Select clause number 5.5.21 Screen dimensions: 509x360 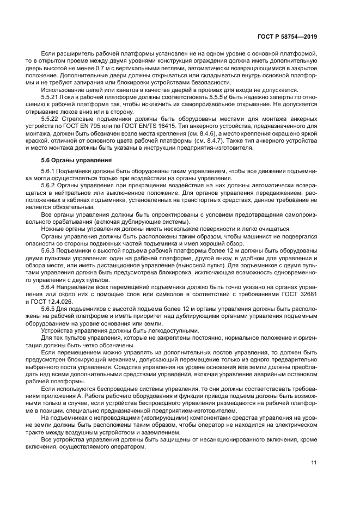pos(51,96)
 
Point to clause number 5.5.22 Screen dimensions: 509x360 pos(51,118)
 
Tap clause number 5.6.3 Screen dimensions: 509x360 pos(49,250)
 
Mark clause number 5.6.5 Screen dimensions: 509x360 pos(49,308)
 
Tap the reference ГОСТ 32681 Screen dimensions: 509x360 pos(300,293)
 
